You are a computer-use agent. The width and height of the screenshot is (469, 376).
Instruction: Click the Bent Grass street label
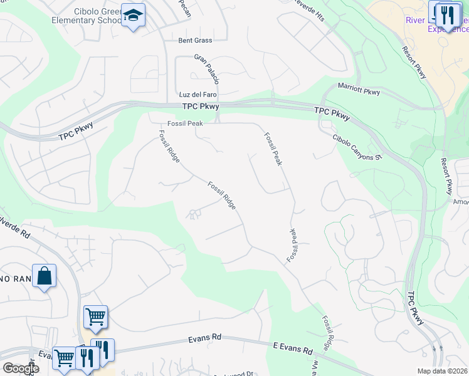coord(195,40)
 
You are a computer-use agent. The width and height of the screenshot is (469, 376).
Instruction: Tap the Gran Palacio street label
coord(207,70)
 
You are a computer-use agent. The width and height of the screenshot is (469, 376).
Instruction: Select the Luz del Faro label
coord(198,94)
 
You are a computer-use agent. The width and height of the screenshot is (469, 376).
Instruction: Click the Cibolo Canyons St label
coord(357,148)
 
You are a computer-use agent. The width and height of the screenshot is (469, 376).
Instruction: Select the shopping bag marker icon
coord(44,276)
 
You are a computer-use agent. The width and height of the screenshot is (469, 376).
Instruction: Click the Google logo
coord(20,368)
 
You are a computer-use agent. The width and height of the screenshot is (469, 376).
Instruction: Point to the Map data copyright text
coord(443,371)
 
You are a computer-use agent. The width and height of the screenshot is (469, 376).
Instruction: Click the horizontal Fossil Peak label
coord(185,123)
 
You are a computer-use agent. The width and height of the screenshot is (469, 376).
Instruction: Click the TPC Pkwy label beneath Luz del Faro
coord(199,107)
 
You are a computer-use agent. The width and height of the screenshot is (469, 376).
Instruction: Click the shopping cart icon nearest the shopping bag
coord(95,317)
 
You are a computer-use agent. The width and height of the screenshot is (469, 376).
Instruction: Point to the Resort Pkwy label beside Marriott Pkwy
coord(414,63)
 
